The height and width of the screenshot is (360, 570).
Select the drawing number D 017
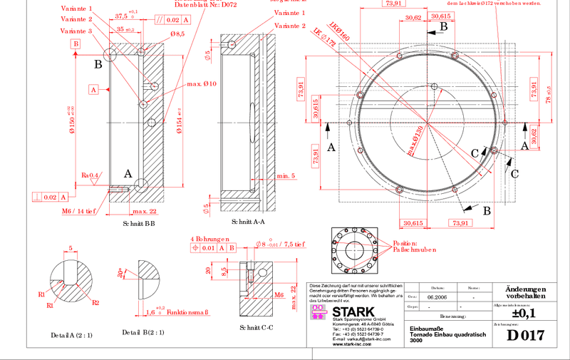[525, 335]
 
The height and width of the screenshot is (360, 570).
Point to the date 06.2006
[437, 296]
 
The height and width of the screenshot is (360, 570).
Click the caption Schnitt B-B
[139, 223]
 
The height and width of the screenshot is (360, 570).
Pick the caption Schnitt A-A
[249, 222]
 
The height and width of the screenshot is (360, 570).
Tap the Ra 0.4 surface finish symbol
[90, 175]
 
